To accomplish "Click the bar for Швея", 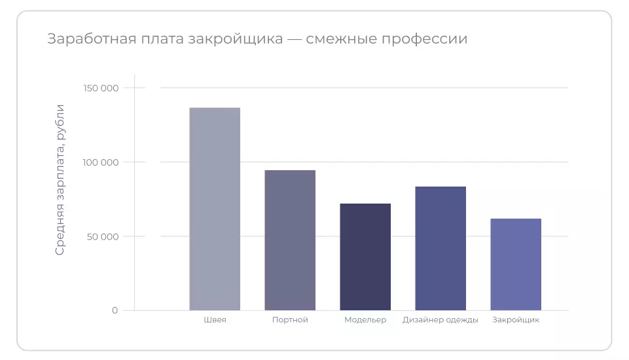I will [x=215, y=209].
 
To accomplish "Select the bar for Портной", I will [x=290, y=240].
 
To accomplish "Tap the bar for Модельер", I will [x=365, y=257].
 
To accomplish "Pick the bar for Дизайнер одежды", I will [x=440, y=248].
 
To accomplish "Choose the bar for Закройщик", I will [x=516, y=264].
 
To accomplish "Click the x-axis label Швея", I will [x=215, y=320].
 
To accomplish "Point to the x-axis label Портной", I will [x=290, y=320].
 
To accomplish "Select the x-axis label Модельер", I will [x=365, y=320].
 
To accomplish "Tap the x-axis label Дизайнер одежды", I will [x=440, y=320].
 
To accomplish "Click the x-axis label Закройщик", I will [x=516, y=320].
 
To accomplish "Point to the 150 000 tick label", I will [x=101, y=88].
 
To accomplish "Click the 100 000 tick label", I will [x=101, y=162].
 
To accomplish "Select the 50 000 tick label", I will [x=103, y=236].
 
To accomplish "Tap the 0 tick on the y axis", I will [x=115, y=310].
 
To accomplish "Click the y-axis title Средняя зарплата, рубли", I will [x=60, y=179].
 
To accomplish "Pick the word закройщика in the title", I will [x=235, y=39].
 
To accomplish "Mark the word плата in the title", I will [x=159, y=39].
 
